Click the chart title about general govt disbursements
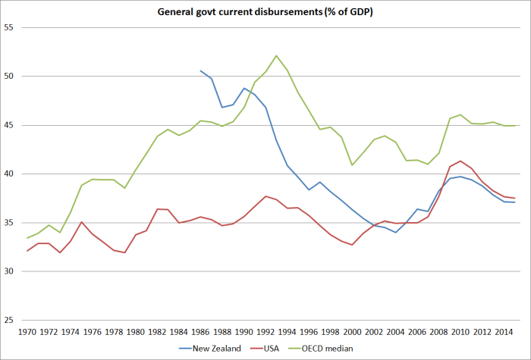pyautogui.click(x=265, y=13)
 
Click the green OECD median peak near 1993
pyautogui.click(x=277, y=55)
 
